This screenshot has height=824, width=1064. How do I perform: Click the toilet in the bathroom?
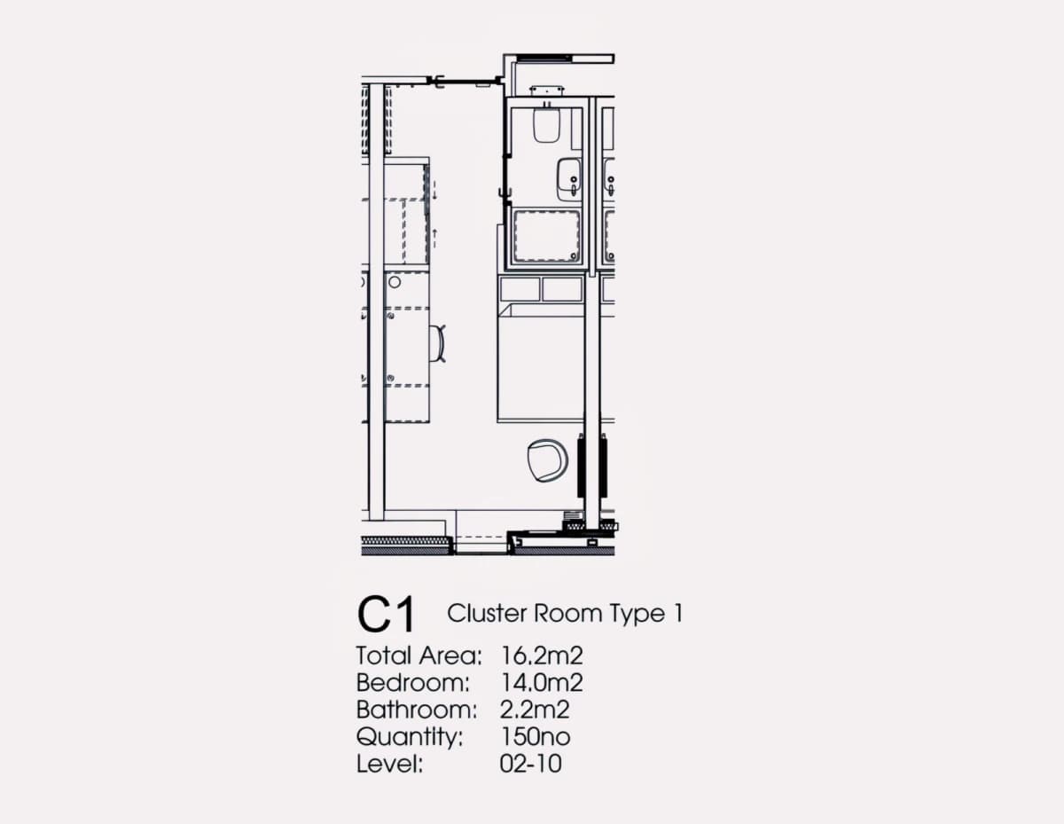(545, 124)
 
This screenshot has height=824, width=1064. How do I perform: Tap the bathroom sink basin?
(569, 179)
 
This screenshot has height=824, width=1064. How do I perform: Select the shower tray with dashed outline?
(547, 236)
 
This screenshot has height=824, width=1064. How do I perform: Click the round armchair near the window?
(547, 460)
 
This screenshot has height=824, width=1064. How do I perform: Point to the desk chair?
(438, 343)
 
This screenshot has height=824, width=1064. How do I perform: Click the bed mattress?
(541, 368)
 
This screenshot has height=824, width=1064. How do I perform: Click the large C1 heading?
(387, 614)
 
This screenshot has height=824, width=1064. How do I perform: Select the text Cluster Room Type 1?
(565, 613)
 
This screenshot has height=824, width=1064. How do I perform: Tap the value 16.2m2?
(542, 655)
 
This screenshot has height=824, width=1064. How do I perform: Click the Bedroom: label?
(413, 682)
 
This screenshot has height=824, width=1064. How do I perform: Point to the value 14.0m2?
(542, 682)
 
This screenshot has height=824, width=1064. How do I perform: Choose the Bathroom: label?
(417, 710)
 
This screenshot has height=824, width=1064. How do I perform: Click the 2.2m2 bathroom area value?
(535, 710)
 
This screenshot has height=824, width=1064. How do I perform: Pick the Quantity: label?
(410, 737)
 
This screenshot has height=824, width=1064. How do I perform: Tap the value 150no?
(536, 736)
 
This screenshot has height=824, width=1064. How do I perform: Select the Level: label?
(390, 764)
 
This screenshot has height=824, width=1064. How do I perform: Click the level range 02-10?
(531, 764)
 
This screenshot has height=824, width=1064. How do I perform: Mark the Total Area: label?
(419, 655)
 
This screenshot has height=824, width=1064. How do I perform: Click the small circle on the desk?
(395, 282)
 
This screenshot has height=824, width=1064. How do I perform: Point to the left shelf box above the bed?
(520, 289)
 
